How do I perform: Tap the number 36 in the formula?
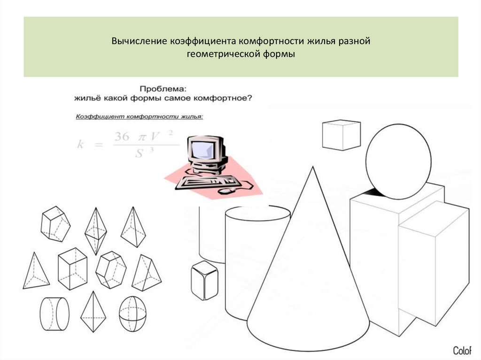[122, 136]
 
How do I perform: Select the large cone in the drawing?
[308, 272]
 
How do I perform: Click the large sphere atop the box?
[398, 162]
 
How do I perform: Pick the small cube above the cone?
[341, 135]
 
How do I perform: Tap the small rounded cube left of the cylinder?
[204, 280]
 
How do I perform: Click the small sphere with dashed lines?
[132, 314]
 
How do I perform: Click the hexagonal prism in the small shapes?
[111, 269]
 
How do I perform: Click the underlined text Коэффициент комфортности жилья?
[140, 116]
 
